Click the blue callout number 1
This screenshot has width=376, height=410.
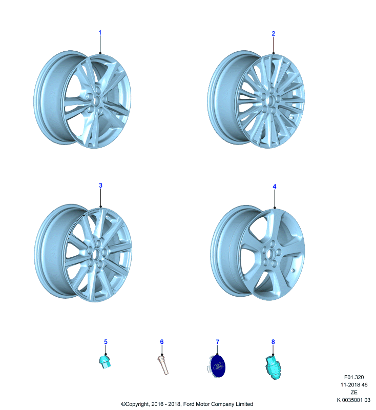click(x=100, y=33)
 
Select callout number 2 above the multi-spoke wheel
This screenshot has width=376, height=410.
click(x=274, y=33)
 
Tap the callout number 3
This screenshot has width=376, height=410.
click(x=100, y=186)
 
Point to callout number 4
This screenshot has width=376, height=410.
click(x=275, y=187)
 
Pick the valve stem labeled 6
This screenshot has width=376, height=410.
click(x=163, y=365)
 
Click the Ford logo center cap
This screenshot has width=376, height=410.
click(x=217, y=366)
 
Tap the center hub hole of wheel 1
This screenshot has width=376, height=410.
click(x=97, y=100)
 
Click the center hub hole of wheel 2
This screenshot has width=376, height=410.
click(x=270, y=100)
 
